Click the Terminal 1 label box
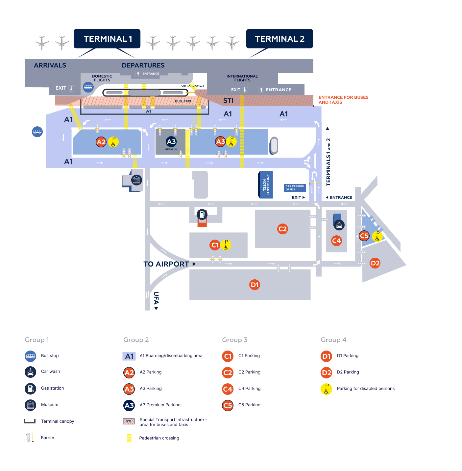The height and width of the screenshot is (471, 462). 107,39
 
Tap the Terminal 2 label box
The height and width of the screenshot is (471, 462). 280,39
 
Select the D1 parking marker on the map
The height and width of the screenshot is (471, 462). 255,285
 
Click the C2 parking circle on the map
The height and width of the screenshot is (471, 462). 282,229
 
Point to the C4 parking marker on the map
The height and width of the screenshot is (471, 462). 336,241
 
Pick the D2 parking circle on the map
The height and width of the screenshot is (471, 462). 375,263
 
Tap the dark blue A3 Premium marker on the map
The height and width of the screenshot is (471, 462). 171,142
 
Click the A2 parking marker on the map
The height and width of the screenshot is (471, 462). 101,142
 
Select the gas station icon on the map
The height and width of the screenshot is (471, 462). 202,214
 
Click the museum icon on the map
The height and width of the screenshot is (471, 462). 136,180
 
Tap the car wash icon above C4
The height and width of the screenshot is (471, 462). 339,225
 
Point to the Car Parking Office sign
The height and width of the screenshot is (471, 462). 295,188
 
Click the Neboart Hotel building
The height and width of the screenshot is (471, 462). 266,185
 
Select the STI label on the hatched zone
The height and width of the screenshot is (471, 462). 228,100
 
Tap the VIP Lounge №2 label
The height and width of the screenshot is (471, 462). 193,86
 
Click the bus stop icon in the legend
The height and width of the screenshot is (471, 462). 31,356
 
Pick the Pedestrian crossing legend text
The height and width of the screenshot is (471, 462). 159,438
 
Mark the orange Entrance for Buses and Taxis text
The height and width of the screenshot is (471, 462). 343,100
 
